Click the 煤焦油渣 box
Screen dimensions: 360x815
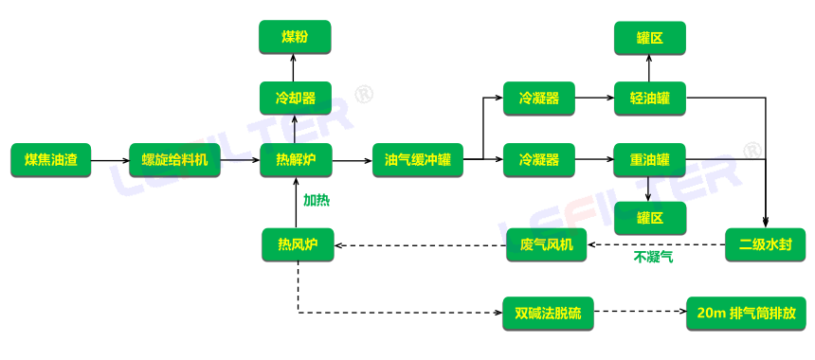50,160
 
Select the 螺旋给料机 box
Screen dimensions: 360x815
174,160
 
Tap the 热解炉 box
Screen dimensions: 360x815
297,160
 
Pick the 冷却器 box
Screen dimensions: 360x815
295,99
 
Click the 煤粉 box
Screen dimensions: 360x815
295,37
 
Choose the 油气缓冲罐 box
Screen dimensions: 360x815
418,160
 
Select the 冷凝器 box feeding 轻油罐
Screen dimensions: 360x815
538,99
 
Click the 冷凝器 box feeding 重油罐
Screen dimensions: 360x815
538,160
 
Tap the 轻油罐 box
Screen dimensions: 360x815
649,99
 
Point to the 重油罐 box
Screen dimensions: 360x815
649,160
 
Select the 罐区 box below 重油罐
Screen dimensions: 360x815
649,218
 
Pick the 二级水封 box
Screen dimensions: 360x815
764,244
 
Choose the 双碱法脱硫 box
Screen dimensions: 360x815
547,312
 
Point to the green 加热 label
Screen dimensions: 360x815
317,201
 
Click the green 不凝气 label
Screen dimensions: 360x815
653,257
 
